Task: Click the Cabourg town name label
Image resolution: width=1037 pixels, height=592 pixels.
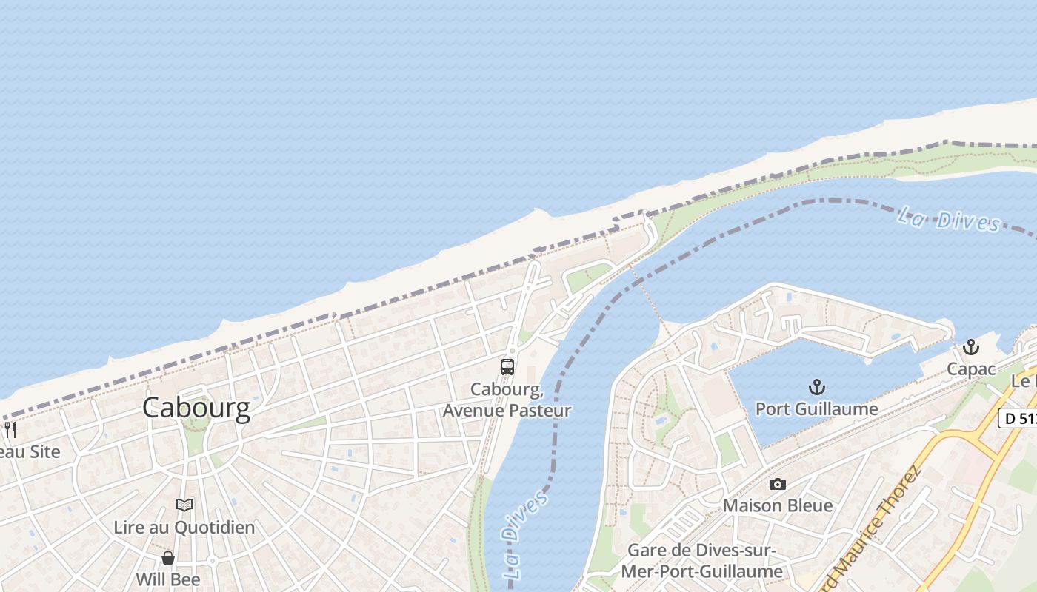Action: click(x=196, y=408)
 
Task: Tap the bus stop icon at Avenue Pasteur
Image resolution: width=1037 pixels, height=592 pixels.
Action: click(x=507, y=366)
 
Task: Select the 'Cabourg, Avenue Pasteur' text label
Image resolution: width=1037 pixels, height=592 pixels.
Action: click(x=507, y=400)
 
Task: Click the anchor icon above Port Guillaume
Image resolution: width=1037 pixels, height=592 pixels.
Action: click(x=816, y=386)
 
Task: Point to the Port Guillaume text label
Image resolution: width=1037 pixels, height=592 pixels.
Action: click(x=816, y=408)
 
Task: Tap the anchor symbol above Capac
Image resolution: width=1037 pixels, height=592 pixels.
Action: click(x=970, y=347)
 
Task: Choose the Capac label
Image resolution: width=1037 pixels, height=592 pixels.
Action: click(x=970, y=369)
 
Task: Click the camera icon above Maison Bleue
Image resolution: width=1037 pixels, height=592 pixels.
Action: click(x=777, y=484)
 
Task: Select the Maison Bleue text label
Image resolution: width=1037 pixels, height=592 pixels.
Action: click(x=778, y=505)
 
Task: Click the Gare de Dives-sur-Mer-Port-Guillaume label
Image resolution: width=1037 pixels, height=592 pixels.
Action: click(x=701, y=561)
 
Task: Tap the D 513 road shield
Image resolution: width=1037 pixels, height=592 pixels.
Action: click(x=1018, y=418)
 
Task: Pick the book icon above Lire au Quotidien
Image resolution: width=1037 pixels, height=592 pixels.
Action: click(x=184, y=505)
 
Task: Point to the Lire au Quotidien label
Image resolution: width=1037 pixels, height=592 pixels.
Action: click(x=184, y=527)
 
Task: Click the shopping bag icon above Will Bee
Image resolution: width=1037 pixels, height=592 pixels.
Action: click(x=168, y=557)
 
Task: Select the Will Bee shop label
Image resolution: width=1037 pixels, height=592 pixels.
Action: click(x=168, y=579)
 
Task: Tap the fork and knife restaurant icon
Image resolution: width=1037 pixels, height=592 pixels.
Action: click(x=10, y=429)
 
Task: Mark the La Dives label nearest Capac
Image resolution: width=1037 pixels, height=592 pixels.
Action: click(x=949, y=220)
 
